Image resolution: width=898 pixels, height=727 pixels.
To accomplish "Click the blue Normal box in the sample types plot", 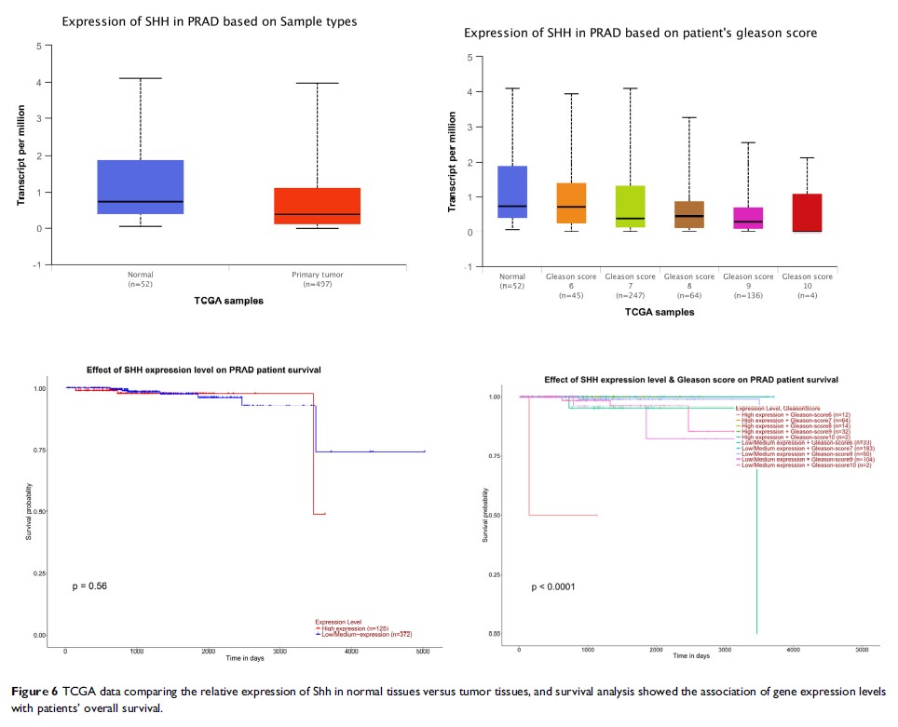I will click(140, 187).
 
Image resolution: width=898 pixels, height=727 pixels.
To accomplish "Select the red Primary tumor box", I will click(317, 206).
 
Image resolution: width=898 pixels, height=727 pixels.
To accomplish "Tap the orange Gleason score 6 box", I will click(571, 203).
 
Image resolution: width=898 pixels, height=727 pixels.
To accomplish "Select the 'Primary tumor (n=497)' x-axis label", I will click(317, 279).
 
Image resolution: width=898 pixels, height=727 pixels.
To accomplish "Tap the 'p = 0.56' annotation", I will click(90, 586).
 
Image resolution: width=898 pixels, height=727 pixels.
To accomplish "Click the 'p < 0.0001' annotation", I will click(552, 587).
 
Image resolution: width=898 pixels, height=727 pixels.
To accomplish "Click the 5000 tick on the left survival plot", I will click(422, 652).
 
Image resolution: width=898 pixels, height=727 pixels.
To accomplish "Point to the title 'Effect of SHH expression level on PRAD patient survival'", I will click(203, 370).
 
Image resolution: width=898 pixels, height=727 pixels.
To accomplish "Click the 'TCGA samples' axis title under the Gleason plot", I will click(660, 313).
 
